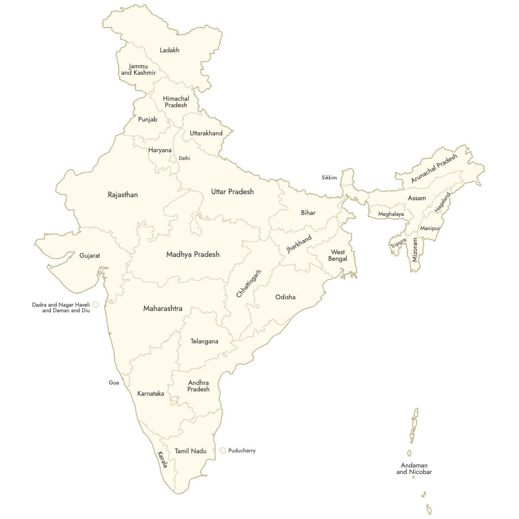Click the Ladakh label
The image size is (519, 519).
tap(169, 50)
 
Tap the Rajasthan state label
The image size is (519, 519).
tap(123, 195)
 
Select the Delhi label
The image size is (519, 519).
tap(184, 158)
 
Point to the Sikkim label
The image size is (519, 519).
tap(329, 178)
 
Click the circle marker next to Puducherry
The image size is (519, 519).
tap(223, 450)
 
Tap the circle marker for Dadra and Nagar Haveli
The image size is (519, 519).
tap(96, 304)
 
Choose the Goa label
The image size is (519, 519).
tap(114, 383)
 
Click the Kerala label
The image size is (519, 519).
tap(163, 460)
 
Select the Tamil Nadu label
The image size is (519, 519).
tap(190, 451)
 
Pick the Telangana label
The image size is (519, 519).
tap(204, 341)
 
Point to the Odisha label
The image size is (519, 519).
tap(285, 297)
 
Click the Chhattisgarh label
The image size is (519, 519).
tap(249, 284)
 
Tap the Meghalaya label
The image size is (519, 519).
tap(391, 214)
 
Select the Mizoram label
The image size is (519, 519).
tap(415, 250)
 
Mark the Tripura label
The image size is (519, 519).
tap(398, 243)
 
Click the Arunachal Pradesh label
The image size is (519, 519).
tap(434, 169)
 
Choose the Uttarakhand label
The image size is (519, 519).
tap(206, 133)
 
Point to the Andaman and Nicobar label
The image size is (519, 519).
tap(414, 468)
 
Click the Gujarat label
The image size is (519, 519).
tap(90, 256)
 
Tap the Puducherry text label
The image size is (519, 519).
tap(242, 451)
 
